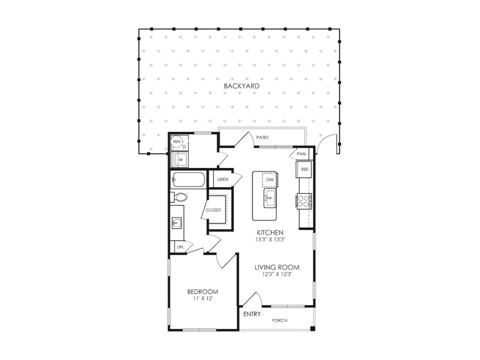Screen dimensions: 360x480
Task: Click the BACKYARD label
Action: click(241, 86)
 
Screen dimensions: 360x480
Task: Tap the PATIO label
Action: click(262, 137)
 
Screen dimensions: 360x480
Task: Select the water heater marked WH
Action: click(177, 142)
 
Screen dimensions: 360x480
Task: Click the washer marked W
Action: click(180, 160)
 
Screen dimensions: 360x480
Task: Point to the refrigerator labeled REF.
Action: click(303, 170)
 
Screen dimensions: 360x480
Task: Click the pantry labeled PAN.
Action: click(301, 154)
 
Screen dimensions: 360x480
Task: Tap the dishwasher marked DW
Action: click(270, 180)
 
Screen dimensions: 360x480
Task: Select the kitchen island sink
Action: click(270, 198)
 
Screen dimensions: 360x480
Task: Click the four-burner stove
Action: click(303, 201)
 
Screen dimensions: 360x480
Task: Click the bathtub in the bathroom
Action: click(188, 180)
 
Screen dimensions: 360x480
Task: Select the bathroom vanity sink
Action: click(177, 222)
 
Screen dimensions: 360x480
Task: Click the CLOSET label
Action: click(214, 210)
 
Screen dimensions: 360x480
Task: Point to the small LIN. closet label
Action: click(179, 246)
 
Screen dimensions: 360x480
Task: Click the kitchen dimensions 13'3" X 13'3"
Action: click(270, 239)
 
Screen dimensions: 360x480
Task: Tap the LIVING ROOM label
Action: click(277, 267)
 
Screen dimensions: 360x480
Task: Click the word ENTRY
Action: click(252, 314)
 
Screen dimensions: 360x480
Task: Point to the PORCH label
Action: click(280, 321)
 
